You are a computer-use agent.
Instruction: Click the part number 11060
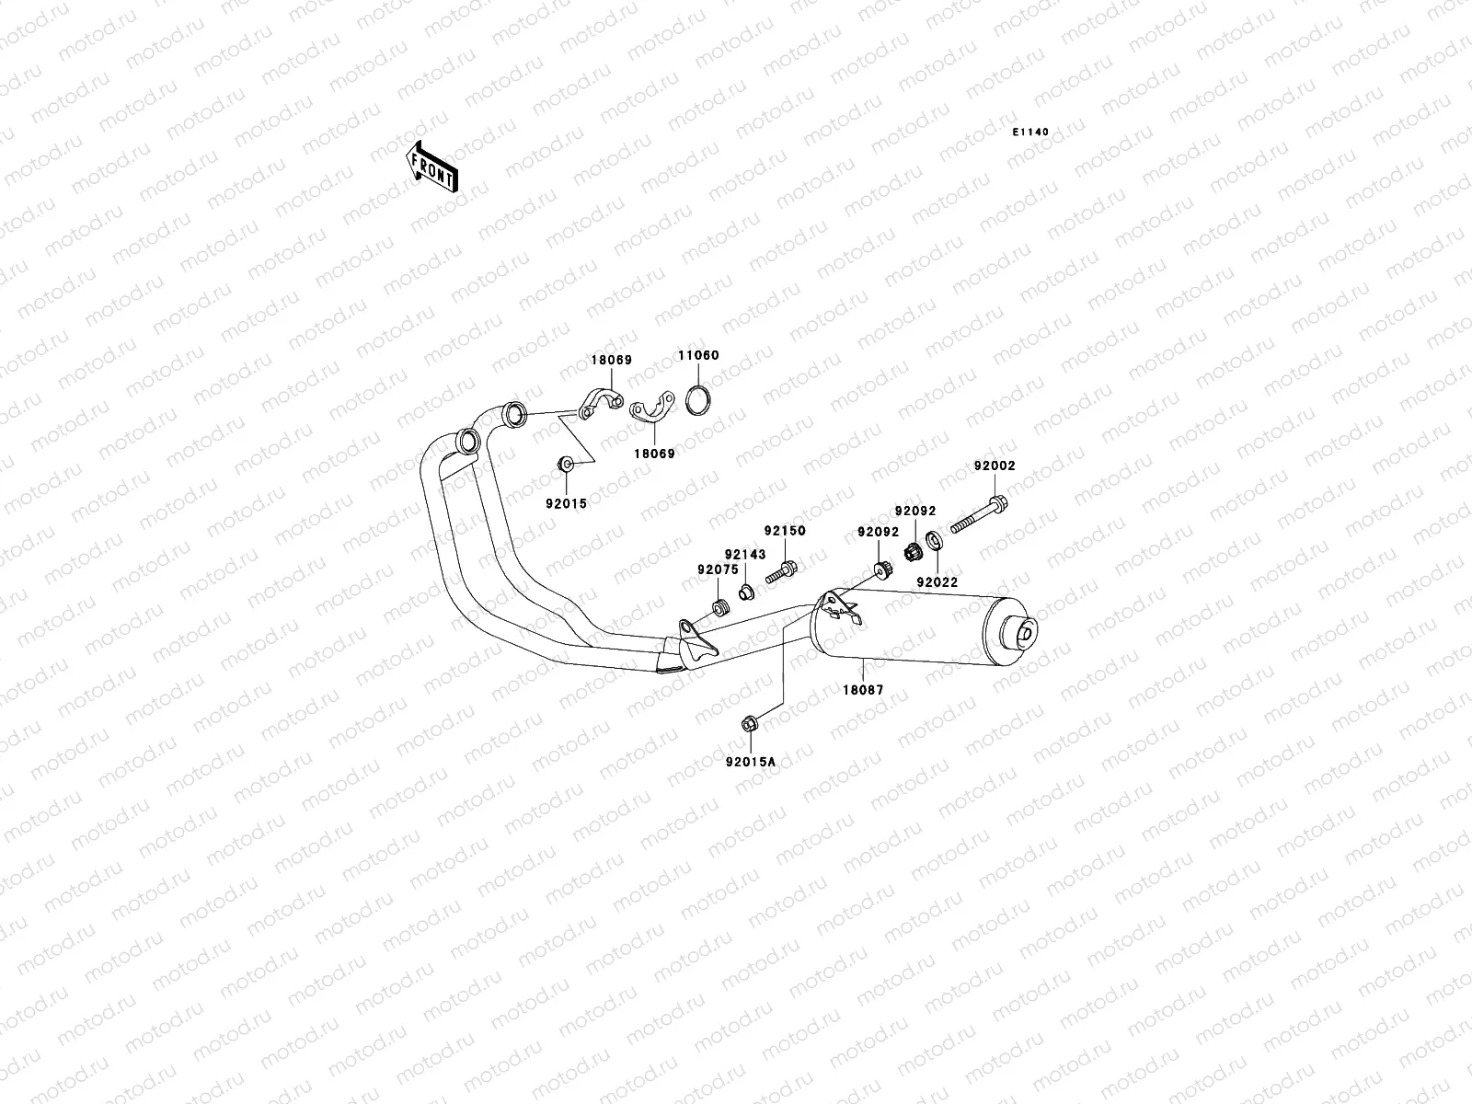pos(698,355)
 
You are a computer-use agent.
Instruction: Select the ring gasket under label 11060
pos(698,401)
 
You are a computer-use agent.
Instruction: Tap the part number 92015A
pos(751,762)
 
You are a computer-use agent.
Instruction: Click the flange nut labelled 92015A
pos(750,724)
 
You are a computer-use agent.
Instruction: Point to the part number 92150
pos(785,531)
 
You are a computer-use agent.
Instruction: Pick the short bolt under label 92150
pos(781,572)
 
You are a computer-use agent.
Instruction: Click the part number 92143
pos(745,555)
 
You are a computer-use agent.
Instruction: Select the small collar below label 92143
pos(746,592)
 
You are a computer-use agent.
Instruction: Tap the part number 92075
pos(718,569)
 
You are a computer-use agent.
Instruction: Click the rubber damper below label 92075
pos(721,608)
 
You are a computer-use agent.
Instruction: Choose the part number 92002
pos(995,466)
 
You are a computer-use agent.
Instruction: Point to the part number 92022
pos(937,582)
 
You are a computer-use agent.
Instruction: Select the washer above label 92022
pos(934,540)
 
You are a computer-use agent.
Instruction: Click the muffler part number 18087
pos(863,690)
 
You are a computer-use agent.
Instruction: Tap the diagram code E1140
pos(1030,132)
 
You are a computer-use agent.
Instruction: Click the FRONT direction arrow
pos(431,167)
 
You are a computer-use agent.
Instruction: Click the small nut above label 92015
pos(565,464)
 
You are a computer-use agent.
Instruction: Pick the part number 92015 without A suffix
pos(566,504)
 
